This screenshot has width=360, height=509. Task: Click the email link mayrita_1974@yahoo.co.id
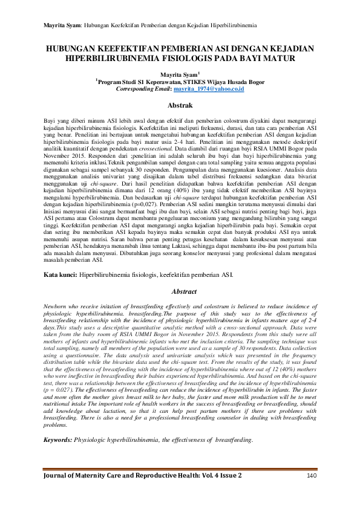[209, 88]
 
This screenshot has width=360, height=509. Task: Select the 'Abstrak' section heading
[180, 105]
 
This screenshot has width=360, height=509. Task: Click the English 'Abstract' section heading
[180, 291]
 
